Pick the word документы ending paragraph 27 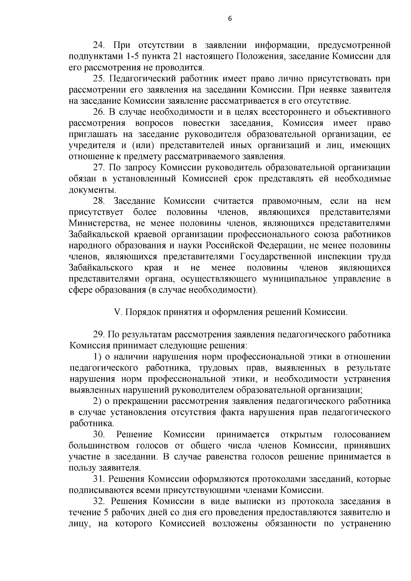(92, 190)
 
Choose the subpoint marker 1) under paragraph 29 (97, 357)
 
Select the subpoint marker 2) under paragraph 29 (97, 401)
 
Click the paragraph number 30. (99, 435)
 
